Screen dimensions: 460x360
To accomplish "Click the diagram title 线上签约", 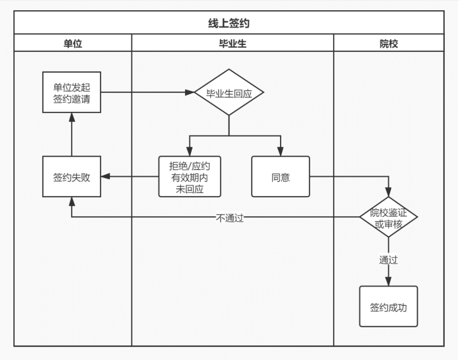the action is coord(229,23).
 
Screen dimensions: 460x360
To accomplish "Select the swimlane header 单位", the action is coord(73,43).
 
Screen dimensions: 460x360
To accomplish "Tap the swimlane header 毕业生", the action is coord(233,43).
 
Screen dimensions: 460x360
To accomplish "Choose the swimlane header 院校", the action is coord(389,44).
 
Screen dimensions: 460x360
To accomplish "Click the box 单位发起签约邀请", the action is coord(72,92).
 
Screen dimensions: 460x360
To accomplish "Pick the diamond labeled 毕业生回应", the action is coord(229,92).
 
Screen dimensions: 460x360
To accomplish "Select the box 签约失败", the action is coord(72,176).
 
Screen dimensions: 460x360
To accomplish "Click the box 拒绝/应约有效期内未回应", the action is coord(190,176).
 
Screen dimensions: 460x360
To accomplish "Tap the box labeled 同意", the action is coord(280,176).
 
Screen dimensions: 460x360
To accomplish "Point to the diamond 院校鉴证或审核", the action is coord(388,217).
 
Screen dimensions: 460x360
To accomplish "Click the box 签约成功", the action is coord(388,307).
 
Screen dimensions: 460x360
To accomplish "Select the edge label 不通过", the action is coord(230,218).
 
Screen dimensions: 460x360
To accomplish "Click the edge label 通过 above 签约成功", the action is coord(388,260).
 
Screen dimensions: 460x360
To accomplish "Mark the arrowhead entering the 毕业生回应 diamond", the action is coord(190,92).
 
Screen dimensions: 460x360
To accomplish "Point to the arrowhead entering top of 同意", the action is coord(280,151).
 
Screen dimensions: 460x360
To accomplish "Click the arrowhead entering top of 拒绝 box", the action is coord(189,151).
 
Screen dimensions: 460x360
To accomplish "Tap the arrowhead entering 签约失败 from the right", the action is coord(106,176).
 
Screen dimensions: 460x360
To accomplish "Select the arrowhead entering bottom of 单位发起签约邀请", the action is coord(72,117).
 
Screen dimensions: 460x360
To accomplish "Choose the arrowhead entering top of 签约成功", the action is coord(388,282).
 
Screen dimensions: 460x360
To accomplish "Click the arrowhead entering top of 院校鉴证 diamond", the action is coord(388,192).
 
